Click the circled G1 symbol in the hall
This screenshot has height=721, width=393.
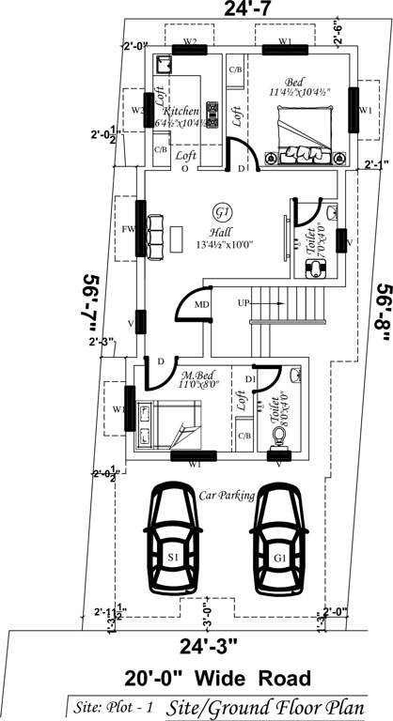pyautogui.click(x=222, y=209)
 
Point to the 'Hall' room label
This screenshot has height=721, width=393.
pyautogui.click(x=221, y=231)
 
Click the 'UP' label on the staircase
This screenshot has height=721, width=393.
pyautogui.click(x=244, y=303)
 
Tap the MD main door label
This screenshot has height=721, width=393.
pyautogui.click(x=201, y=305)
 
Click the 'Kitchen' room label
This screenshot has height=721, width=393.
pyautogui.click(x=181, y=111)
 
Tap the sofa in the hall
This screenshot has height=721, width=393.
pyautogui.click(x=155, y=232)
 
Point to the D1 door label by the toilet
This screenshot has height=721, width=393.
pyautogui.click(x=250, y=378)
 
